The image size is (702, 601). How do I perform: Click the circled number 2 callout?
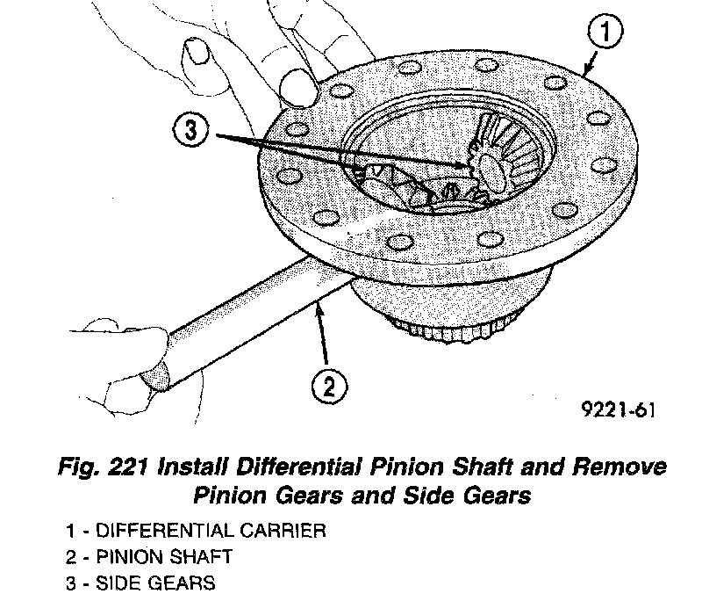tap(326, 385)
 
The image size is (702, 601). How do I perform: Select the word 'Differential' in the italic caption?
tap(283, 467)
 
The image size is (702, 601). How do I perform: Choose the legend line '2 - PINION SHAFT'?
tap(148, 557)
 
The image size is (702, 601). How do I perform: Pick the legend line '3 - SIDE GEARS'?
tap(140, 583)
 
